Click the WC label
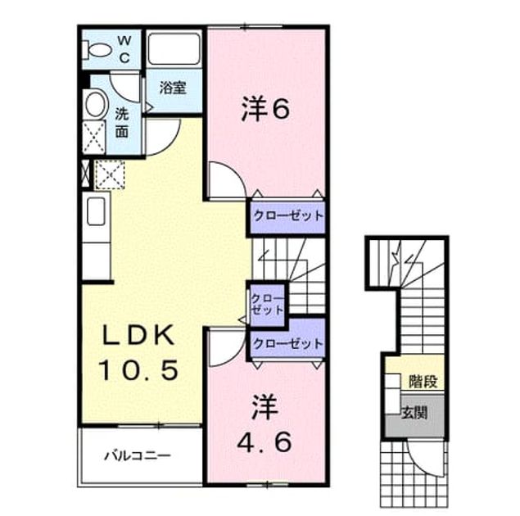[x=124, y=49]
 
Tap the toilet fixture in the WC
[x=97, y=50]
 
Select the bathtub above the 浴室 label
[x=174, y=49]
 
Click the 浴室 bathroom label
[x=173, y=87]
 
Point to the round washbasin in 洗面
[x=96, y=104]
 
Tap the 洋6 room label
[x=265, y=108]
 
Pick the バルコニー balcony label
[x=138, y=455]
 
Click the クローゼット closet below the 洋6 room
[x=288, y=216]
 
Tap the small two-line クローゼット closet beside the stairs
[x=267, y=304]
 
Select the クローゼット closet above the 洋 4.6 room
[x=287, y=343]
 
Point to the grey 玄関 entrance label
[x=414, y=413]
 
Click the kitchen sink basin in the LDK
[x=96, y=211]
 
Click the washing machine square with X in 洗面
[x=93, y=138]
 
